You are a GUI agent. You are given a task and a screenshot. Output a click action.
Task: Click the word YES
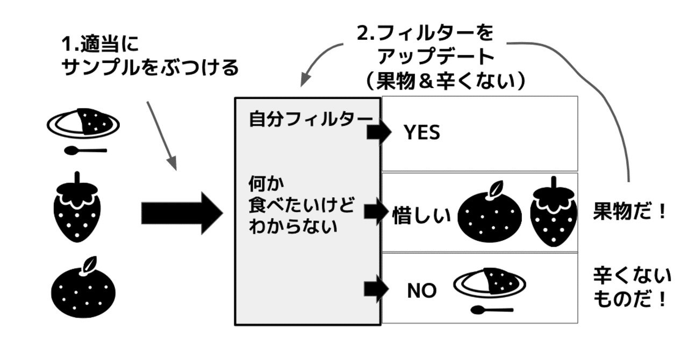click(x=422, y=133)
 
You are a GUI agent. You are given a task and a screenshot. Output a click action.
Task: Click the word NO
click(x=421, y=291)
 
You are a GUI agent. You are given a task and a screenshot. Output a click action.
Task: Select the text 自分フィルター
click(x=310, y=119)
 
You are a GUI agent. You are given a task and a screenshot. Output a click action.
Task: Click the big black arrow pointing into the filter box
click(x=181, y=213)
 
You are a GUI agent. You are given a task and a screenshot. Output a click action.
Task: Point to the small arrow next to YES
click(x=378, y=133)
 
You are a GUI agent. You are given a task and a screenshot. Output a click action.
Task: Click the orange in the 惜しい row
click(x=491, y=212)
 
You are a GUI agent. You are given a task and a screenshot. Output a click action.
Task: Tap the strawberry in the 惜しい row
click(x=553, y=212)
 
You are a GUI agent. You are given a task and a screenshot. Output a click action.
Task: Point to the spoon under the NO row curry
click(x=491, y=309)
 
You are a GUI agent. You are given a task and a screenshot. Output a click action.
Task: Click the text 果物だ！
click(x=629, y=212)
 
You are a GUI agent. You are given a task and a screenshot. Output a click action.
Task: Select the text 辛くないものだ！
click(x=632, y=287)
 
